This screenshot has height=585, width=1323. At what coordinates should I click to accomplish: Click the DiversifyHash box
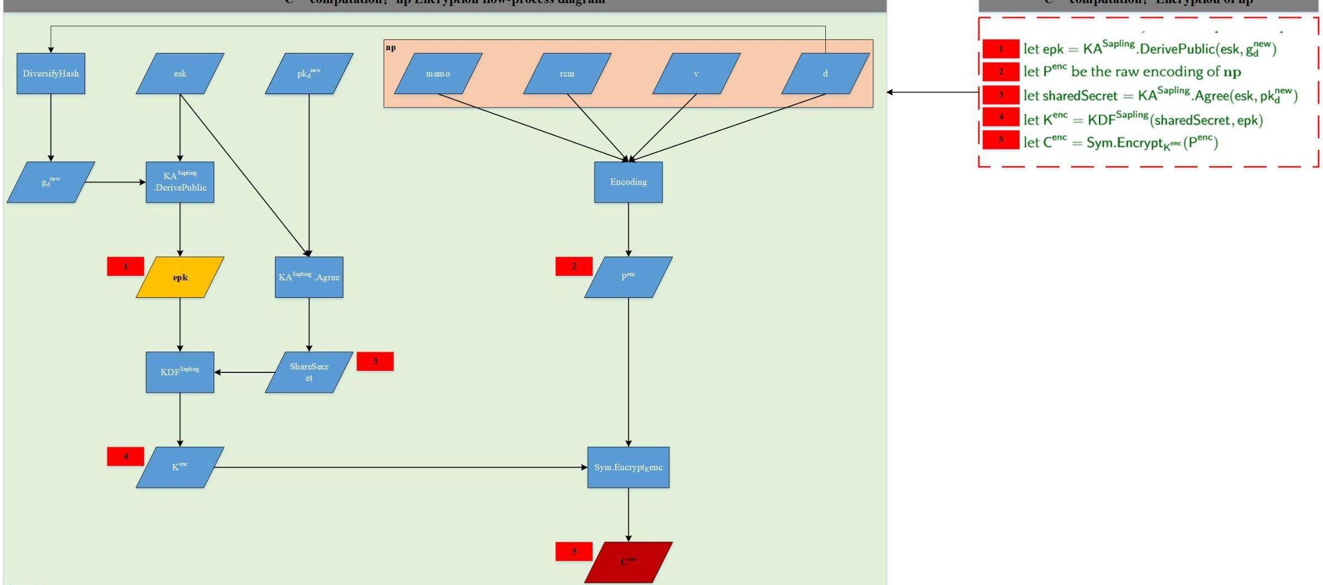[x=51, y=73]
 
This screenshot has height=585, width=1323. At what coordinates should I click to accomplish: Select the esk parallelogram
[x=180, y=73]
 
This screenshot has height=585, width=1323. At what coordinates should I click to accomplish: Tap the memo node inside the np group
[x=438, y=73]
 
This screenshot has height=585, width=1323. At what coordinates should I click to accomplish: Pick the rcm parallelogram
[x=567, y=73]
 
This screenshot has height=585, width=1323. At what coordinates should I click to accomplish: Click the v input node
[x=696, y=73]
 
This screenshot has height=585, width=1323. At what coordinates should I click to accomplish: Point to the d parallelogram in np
[x=825, y=73]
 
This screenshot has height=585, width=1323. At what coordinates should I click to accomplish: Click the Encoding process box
[x=628, y=182]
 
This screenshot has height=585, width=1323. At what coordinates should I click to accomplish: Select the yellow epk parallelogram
[x=180, y=277]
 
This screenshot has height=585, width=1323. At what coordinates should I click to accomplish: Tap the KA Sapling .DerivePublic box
[x=180, y=182]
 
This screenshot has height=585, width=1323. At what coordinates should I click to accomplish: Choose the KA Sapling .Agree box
[x=309, y=277]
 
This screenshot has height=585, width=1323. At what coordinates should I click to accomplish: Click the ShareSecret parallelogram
[x=309, y=372]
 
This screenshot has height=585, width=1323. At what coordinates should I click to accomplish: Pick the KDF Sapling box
[x=180, y=372]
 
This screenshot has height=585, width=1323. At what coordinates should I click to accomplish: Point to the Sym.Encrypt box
[x=628, y=467]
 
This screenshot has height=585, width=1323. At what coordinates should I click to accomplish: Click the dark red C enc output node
[x=628, y=562]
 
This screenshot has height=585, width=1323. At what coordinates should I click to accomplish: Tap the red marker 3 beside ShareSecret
[x=375, y=361]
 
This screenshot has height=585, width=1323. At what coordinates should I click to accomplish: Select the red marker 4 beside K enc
[x=126, y=456]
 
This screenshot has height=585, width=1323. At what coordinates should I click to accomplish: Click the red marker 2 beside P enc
[x=574, y=266]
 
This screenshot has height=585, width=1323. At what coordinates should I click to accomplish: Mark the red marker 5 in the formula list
[x=1001, y=139]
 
